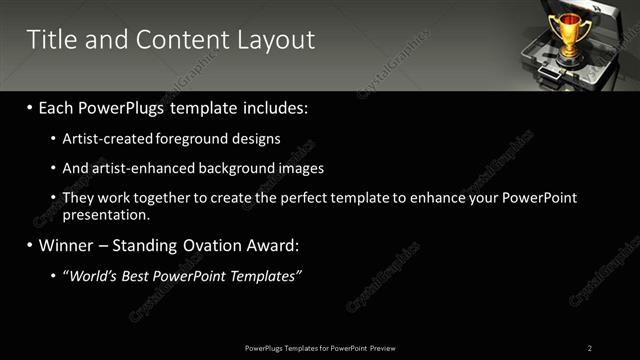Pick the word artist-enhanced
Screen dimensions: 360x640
135,168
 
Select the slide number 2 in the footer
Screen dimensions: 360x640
590,347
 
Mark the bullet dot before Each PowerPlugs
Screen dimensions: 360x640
31,108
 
